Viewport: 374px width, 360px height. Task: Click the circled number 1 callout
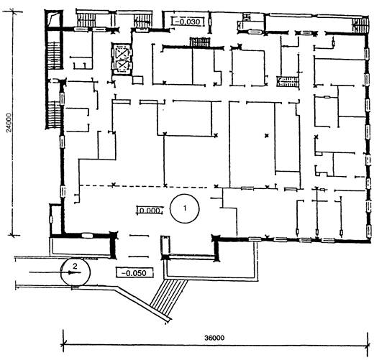pyautogui.click(x=185, y=208)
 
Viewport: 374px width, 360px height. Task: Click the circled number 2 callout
pyautogui.click(x=76, y=271)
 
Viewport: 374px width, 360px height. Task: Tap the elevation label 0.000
pyautogui.click(x=150, y=211)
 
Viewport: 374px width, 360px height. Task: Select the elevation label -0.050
pyautogui.click(x=134, y=273)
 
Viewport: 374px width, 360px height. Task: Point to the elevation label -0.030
pyautogui.click(x=188, y=22)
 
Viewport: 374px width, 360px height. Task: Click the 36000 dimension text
pyautogui.click(x=214, y=338)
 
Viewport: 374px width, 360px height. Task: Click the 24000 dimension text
pyautogui.click(x=9, y=123)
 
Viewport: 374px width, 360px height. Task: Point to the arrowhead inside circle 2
pyautogui.click(x=70, y=272)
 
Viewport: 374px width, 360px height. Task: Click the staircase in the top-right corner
pyautogui.click(x=360, y=24)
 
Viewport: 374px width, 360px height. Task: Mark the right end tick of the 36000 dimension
pyautogui.click(x=368, y=345)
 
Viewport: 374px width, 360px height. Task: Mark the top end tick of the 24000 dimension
pyautogui.click(x=12, y=11)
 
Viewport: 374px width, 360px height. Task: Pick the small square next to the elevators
pyautogui.click(x=137, y=80)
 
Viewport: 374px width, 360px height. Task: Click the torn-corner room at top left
pyautogui.click(x=54, y=20)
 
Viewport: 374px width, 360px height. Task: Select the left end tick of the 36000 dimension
pyautogui.click(x=63, y=345)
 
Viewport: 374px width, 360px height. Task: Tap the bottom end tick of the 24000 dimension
pyautogui.click(x=13, y=236)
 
